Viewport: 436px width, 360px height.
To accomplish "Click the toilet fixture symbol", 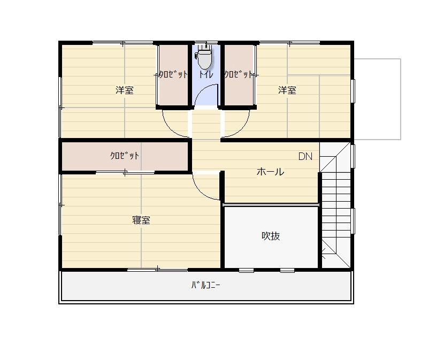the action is (x=204, y=58).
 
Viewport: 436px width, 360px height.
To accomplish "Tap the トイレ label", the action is (x=205, y=74).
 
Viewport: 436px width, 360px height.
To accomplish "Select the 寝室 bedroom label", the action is (x=141, y=220).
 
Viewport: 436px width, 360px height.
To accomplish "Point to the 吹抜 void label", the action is (x=271, y=236).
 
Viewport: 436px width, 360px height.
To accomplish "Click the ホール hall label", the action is (x=270, y=172).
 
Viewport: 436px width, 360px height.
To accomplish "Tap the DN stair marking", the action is (x=305, y=157).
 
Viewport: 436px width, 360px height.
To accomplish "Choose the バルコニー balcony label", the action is (x=205, y=285).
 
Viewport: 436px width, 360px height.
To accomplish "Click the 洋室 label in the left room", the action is (x=124, y=90).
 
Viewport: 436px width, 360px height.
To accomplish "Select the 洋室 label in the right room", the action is (x=287, y=90).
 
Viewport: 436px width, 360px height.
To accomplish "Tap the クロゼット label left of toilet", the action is (x=173, y=74).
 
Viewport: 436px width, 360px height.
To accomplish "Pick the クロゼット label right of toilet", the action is (x=239, y=74).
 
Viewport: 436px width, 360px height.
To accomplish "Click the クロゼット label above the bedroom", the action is (x=124, y=156).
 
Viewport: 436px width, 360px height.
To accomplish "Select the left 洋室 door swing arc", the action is (x=171, y=128).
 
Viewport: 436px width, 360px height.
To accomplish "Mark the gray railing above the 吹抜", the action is (x=271, y=205).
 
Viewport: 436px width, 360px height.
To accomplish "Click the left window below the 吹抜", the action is (x=247, y=270).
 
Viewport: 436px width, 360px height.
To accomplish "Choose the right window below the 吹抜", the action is (x=287, y=270).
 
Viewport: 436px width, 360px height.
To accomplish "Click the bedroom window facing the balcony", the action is (x=157, y=270).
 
